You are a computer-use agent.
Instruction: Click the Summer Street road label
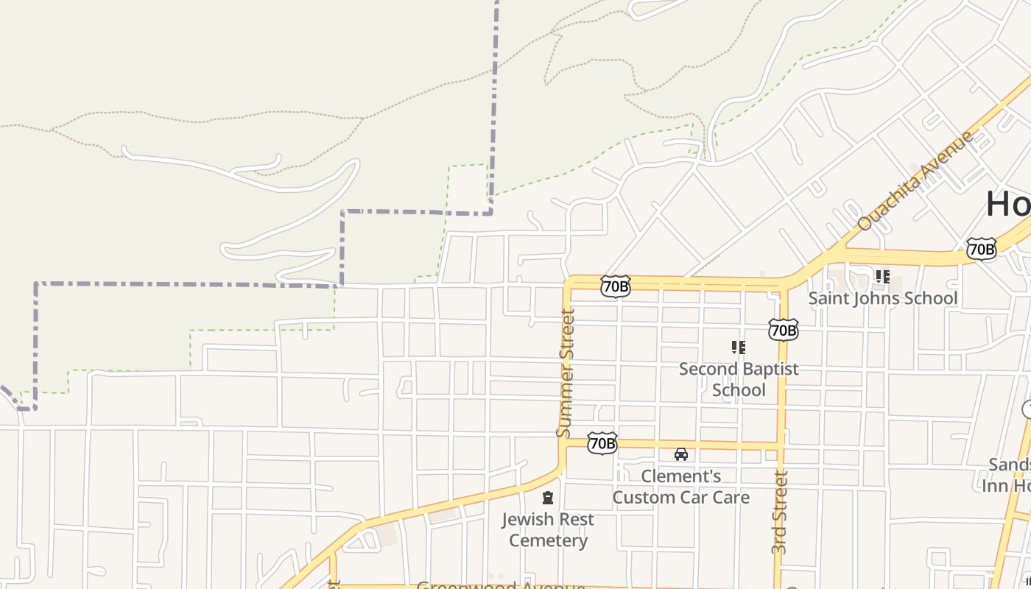566,373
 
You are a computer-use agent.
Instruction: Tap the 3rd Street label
781,512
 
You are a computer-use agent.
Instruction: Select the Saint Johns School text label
882,298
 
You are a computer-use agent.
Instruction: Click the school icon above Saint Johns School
882,277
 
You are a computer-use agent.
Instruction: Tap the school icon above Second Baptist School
738,347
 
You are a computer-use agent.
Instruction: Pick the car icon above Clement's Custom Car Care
681,454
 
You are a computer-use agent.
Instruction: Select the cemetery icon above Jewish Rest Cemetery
548,498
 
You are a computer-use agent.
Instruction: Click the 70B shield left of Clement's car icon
602,443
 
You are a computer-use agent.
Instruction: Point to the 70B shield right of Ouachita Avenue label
981,249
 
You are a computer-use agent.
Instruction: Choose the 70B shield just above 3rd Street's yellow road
782,331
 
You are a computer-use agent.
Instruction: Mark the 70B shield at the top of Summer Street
615,286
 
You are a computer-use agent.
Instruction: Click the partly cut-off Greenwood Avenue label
501,586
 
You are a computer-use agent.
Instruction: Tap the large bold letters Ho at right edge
1008,204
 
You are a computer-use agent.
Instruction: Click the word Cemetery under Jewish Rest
548,541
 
